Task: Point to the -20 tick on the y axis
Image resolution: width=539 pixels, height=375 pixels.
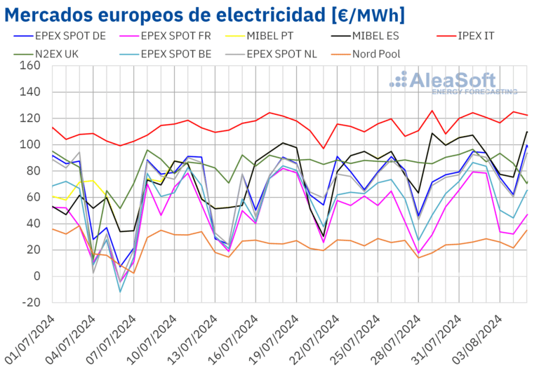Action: [x=29, y=302]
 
